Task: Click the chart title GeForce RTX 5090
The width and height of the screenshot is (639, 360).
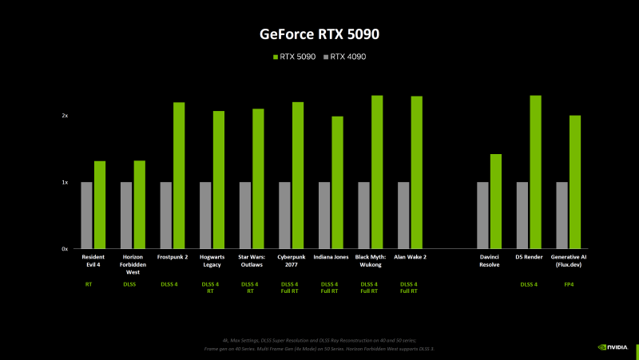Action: click(319, 34)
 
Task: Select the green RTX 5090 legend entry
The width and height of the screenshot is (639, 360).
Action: click(296, 57)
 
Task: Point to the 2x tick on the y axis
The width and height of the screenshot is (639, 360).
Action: click(65, 116)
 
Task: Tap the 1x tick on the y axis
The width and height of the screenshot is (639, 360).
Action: click(65, 183)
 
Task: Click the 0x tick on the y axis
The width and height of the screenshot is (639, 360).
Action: click(65, 249)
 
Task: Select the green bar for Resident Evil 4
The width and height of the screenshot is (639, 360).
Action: click(100, 205)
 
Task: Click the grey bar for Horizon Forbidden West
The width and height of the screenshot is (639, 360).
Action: click(126, 216)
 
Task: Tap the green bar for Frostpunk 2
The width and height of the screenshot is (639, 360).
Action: click(179, 176)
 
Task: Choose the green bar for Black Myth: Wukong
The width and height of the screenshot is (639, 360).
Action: click(377, 172)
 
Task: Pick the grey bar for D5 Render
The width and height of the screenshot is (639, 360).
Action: click(522, 216)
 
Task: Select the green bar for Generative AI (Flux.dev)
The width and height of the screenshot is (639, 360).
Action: click(575, 182)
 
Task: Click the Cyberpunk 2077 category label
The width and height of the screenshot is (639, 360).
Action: click(292, 260)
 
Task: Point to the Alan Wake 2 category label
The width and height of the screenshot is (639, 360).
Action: click(411, 257)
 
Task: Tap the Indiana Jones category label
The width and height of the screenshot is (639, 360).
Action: click(331, 257)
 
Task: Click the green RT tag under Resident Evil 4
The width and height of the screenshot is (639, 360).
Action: click(88, 283)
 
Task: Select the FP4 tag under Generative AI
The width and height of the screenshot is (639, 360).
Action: click(570, 283)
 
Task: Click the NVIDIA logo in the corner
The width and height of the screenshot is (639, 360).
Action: click(612, 347)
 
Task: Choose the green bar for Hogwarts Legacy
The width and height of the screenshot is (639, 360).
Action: click(219, 180)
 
